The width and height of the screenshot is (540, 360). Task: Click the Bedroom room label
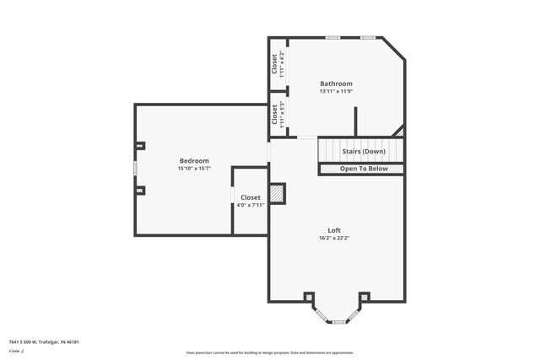tap(194, 160)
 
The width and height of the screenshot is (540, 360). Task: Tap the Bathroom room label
tap(336, 83)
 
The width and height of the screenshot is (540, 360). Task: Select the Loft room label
tap(334, 230)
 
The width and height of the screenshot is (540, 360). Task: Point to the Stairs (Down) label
tap(364, 152)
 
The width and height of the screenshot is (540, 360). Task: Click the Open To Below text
tap(364, 169)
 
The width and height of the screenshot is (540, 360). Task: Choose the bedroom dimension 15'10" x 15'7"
tap(194, 169)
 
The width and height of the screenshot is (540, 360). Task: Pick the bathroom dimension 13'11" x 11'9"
tap(336, 91)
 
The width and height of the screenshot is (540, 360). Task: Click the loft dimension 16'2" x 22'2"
tap(334, 238)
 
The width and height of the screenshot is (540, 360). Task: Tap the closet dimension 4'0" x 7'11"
tap(251, 204)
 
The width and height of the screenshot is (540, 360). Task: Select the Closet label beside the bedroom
tap(251, 197)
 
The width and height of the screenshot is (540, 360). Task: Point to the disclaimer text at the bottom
tap(269, 352)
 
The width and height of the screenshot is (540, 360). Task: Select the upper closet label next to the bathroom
tap(275, 63)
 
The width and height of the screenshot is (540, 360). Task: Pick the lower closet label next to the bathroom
tap(275, 115)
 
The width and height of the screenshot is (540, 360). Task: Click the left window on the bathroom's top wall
tap(333, 38)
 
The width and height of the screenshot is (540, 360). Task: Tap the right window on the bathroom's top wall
tap(368, 38)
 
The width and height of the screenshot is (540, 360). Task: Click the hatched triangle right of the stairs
tap(401, 132)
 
